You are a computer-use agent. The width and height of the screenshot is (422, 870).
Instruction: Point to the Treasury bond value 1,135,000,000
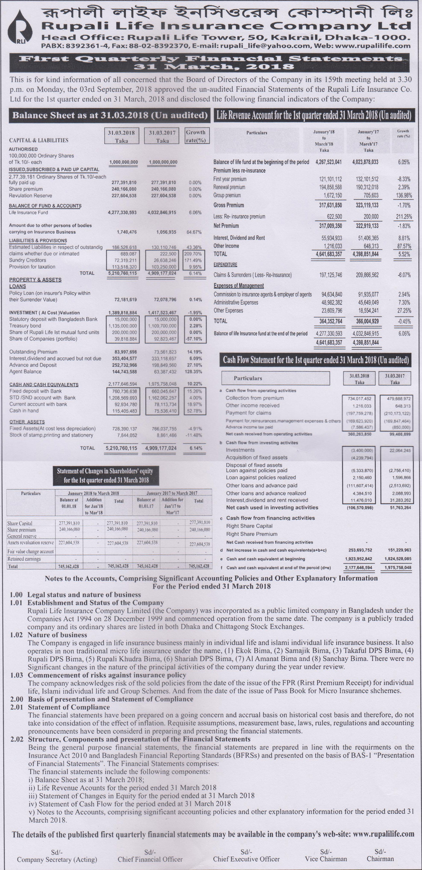click(x=123, y=326)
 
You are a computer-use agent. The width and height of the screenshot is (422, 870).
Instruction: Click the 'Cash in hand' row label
click(x=24, y=411)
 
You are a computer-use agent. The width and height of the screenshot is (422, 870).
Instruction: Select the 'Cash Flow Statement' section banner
click(x=316, y=360)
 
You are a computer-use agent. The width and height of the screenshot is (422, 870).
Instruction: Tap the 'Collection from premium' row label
click(x=254, y=398)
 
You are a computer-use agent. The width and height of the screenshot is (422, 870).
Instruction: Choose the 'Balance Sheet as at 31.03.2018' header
click(x=110, y=115)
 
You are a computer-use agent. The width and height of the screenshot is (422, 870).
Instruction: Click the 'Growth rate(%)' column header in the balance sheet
click(x=195, y=136)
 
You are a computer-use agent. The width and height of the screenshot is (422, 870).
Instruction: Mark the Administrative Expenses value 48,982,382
click(x=332, y=302)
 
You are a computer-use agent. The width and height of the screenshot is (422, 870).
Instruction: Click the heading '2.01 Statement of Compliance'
click(x=69, y=707)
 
